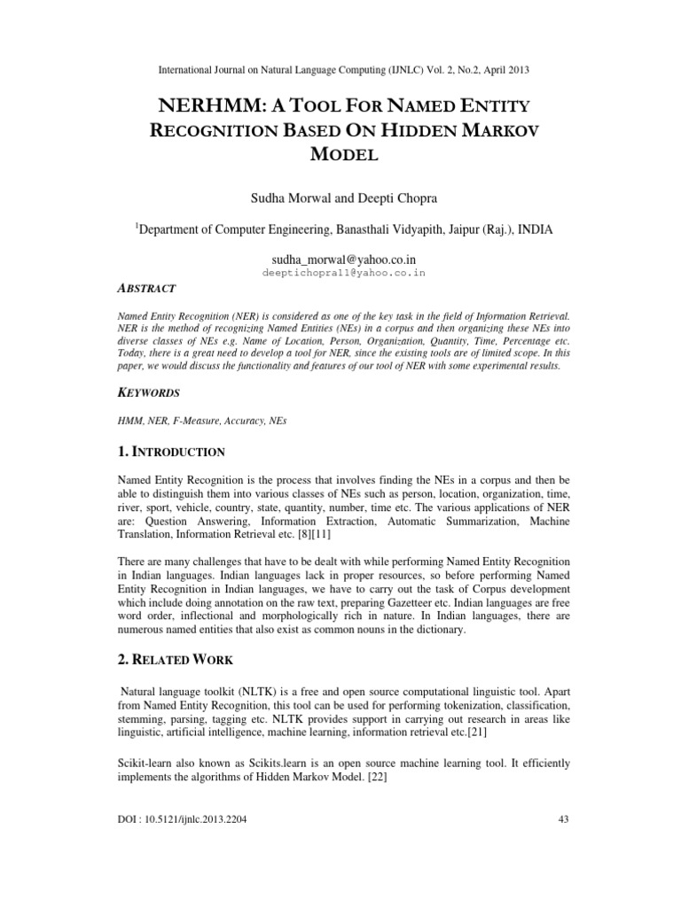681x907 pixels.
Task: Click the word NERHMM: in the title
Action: point(196,107)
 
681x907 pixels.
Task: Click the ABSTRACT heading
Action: point(147,289)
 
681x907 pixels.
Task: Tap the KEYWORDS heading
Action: point(150,391)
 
